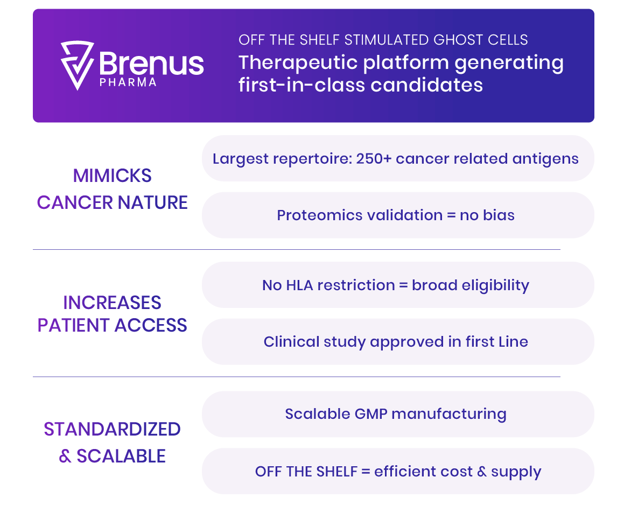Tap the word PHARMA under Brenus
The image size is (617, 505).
pyautogui.click(x=128, y=82)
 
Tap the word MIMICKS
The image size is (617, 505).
pyautogui.click(x=112, y=176)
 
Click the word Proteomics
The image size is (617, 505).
pyautogui.click(x=319, y=215)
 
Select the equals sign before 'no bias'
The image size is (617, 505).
pyautogui.click(x=451, y=215)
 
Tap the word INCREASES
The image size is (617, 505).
pyautogui.click(x=112, y=303)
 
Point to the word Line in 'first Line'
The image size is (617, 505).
pyautogui.click(x=513, y=342)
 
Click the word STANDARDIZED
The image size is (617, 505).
pyautogui.click(x=112, y=430)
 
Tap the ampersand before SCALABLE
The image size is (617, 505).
pyautogui.click(x=65, y=456)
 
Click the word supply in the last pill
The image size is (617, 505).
pyautogui.click(x=516, y=472)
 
